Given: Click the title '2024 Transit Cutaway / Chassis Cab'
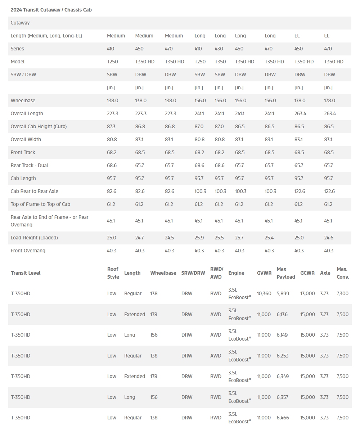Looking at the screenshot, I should [51, 10].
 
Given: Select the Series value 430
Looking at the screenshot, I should [219, 49].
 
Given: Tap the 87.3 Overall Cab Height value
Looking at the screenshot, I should [112, 126].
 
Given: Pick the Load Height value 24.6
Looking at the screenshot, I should [329, 238].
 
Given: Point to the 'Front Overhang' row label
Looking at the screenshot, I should [28, 251].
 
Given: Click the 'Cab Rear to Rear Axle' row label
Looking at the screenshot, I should [34, 191].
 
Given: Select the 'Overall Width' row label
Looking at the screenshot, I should [26, 139].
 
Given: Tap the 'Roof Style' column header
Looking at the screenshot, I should [113, 273].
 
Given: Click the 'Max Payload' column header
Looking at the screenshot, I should [285, 273].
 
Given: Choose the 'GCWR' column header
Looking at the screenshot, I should [307, 273].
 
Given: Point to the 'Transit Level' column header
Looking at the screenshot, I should [26, 273].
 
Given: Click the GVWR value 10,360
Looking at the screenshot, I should [264, 293].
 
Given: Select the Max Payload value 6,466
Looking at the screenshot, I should [283, 418].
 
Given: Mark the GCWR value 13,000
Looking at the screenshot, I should [307, 293].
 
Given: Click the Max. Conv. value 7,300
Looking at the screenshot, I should [342, 293].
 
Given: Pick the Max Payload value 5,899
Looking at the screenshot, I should [283, 293].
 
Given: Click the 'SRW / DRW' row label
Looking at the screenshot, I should [23, 75].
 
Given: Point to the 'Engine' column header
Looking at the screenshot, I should [236, 273].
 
